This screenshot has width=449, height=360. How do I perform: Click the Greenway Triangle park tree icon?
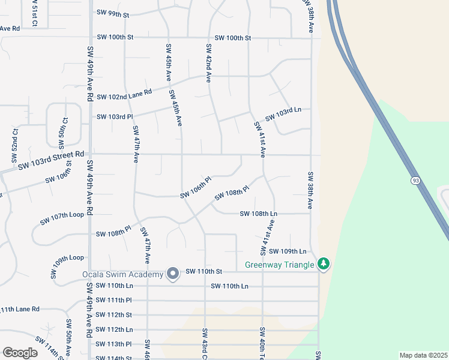[324, 263]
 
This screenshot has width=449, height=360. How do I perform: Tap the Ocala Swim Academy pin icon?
[173, 274]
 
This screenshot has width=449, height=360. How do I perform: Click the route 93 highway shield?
[415, 180]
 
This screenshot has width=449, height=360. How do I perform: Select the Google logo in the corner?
[20, 353]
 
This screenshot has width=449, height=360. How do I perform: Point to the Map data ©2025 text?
[423, 355]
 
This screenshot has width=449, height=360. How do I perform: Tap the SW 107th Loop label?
[62, 218]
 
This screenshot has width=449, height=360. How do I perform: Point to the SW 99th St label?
[113, 13]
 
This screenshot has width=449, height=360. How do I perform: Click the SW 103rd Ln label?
[283, 113]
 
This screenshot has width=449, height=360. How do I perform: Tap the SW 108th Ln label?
[258, 214]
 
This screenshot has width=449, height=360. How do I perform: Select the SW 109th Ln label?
[288, 251]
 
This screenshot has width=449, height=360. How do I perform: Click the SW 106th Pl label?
[196, 188]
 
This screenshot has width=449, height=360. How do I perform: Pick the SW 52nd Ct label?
[14, 145]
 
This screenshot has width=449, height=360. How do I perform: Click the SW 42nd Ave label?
[209, 63]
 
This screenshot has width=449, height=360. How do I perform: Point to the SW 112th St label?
[114, 314]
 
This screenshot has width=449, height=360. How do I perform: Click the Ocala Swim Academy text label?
[122, 275]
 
